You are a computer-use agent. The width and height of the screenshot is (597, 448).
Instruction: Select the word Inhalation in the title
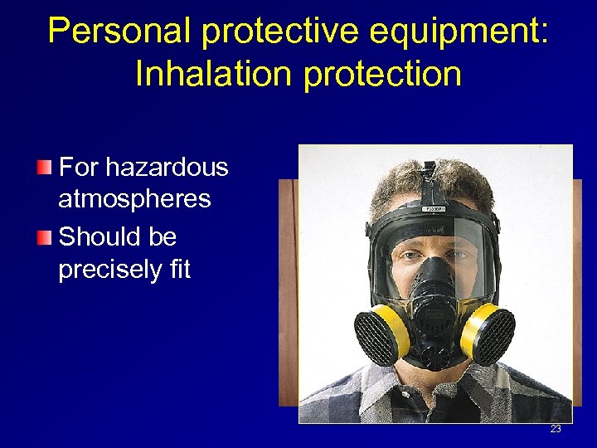tap(212, 74)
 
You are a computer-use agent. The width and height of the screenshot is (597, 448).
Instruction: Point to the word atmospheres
tap(134, 199)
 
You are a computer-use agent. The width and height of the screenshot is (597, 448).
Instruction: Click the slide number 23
tap(555, 429)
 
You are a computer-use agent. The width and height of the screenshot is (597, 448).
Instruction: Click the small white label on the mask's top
tap(434, 209)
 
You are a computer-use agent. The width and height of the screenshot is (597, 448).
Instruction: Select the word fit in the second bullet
tap(177, 270)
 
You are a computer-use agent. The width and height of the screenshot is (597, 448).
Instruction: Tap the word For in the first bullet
tap(79, 168)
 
